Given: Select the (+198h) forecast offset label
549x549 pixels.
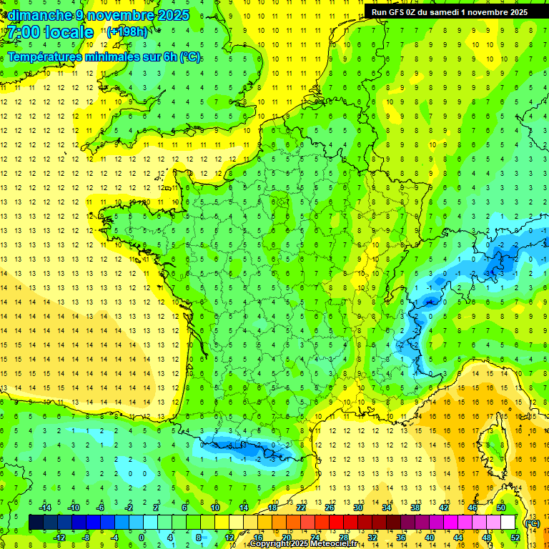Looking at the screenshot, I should (128, 31).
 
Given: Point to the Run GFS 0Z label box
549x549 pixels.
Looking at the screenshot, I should (450, 11).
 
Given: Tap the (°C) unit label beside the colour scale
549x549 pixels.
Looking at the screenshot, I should (532, 523).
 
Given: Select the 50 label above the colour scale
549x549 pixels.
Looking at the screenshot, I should (501, 508).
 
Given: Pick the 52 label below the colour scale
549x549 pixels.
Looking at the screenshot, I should (515, 538).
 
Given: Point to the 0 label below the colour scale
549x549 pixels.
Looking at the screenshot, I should (142, 538).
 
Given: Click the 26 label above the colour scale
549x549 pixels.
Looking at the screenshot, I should (330, 508).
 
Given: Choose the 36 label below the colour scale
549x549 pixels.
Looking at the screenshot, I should (401, 538).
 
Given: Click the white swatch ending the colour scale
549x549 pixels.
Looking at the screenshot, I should (508, 523).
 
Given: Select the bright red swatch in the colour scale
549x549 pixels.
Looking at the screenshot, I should (337, 523).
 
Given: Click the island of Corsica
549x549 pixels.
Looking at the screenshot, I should (493, 443).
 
